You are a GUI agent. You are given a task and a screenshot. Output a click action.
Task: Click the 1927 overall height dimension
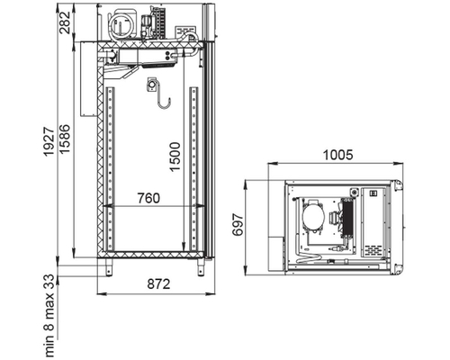49,141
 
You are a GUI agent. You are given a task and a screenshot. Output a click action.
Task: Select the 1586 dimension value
65,139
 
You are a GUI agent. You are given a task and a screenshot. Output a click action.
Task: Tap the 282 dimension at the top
65,22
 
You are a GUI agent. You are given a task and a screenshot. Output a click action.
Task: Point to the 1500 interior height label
175,157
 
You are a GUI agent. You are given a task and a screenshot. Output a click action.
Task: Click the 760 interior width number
148,198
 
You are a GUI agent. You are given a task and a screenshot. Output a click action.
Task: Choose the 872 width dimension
158,283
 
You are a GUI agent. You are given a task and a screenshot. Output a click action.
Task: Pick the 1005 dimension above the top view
338,155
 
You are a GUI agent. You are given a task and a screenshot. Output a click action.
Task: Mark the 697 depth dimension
238,225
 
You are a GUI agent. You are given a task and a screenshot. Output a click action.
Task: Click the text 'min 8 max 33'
50,316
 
